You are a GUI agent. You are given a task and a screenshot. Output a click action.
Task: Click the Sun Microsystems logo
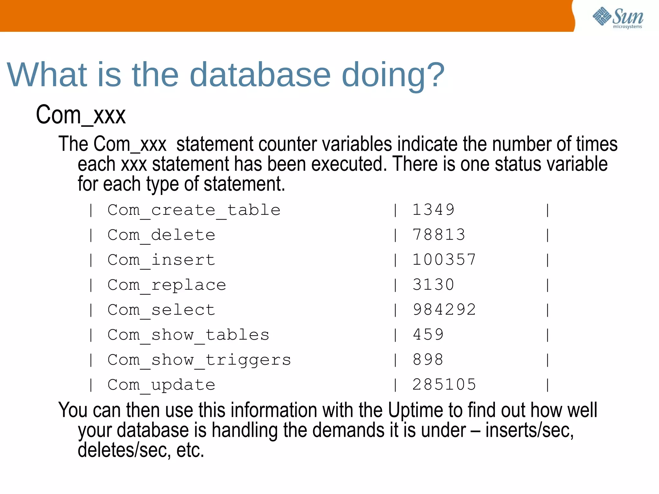618,18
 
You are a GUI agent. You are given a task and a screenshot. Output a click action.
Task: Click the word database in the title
260,75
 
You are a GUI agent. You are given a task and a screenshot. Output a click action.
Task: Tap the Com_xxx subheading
81,115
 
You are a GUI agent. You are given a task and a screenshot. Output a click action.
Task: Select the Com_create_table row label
194,210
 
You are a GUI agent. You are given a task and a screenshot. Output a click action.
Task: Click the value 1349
433,210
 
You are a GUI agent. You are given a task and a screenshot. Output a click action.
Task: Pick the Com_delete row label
161,235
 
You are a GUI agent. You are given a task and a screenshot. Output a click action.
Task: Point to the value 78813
439,234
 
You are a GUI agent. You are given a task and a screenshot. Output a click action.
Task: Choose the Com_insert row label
161,260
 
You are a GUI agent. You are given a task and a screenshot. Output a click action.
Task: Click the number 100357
444,260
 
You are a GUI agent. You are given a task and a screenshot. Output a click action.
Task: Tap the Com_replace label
167,285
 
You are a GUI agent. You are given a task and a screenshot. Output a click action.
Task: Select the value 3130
433,285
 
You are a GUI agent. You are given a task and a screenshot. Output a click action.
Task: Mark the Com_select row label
161,310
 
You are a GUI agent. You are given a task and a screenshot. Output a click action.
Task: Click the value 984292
444,309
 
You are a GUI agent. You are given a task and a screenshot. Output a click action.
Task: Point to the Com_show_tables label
188,335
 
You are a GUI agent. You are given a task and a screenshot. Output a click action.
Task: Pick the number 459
428,334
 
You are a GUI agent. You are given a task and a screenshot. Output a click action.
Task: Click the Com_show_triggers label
199,360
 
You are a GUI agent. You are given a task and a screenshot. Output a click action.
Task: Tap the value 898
428,360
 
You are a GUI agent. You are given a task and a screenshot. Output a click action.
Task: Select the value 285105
444,384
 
